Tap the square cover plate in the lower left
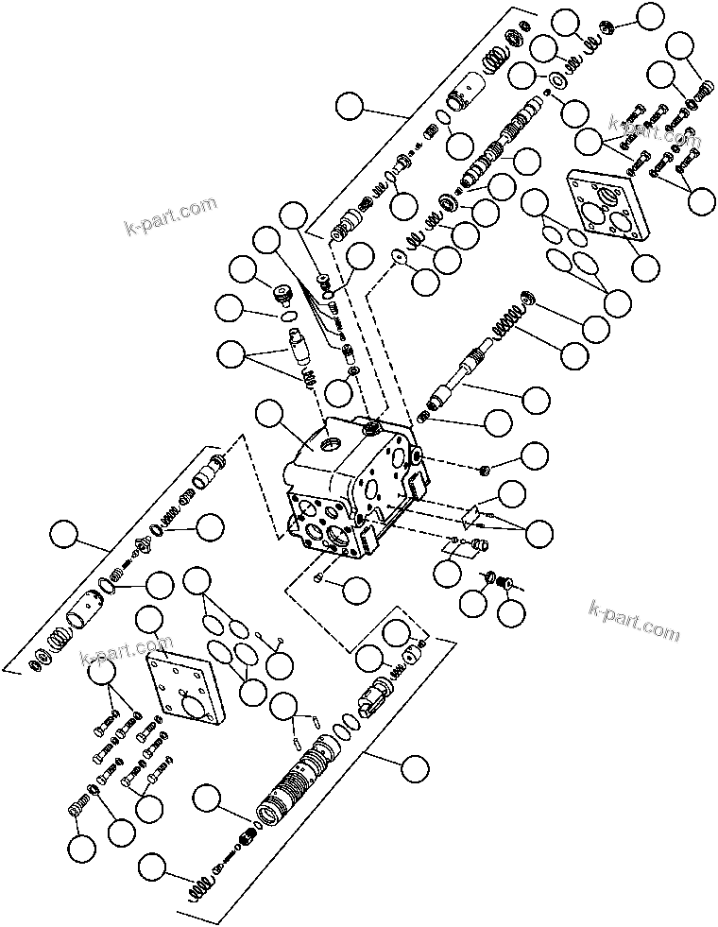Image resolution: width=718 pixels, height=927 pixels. (x=186, y=689)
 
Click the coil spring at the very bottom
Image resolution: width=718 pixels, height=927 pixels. (x=199, y=889)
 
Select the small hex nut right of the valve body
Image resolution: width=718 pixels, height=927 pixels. (x=484, y=469)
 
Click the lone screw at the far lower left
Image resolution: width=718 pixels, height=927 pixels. (x=80, y=808)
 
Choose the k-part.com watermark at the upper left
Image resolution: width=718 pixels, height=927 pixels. (x=170, y=215)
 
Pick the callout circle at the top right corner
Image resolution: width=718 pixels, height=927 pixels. (x=649, y=16)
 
